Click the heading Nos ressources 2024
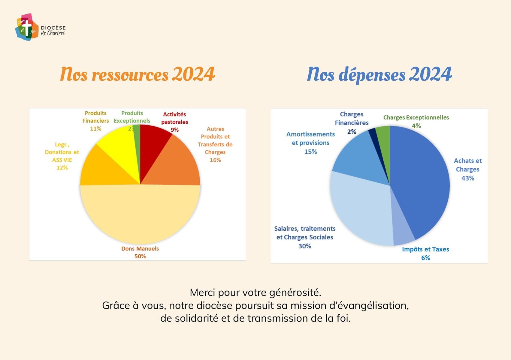(138, 74)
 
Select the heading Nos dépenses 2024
(379, 74)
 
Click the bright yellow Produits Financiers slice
(117, 147)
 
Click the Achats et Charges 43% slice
(420, 183)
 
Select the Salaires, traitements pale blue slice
(360, 210)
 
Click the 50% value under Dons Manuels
(140, 256)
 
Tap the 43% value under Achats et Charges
(467, 178)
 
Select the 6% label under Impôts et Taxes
(425, 258)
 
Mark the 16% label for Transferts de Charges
(215, 160)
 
